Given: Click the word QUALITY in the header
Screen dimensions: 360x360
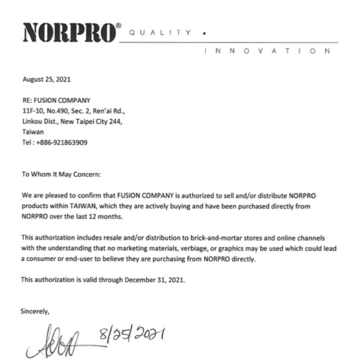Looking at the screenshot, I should pos(160,32).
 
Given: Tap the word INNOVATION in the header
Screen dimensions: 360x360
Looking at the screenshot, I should pos(267,51).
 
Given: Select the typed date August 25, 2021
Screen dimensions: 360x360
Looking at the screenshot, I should pos(46,80).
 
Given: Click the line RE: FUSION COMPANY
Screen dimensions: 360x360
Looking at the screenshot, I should pos(56,100).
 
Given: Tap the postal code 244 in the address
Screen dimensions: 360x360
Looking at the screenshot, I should pos(116,121).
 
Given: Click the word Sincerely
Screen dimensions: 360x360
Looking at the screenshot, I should pos(35,310).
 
